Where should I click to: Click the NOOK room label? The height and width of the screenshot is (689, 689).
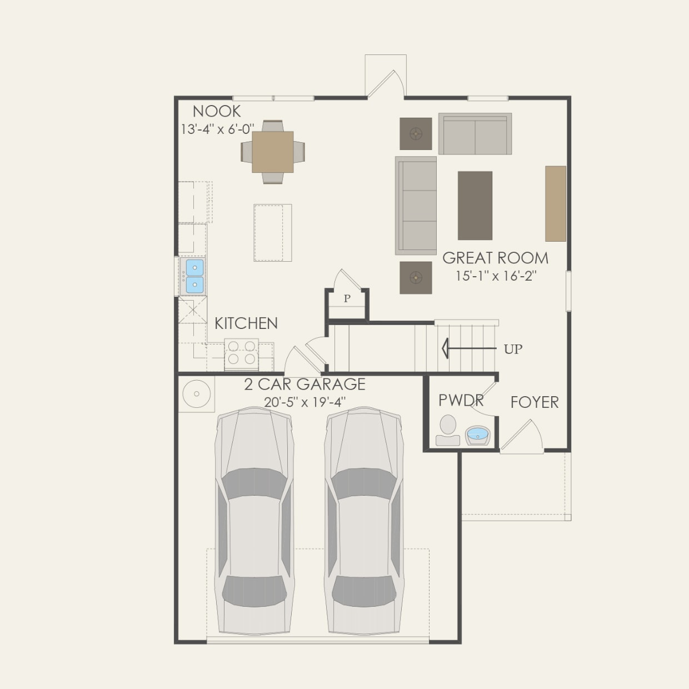click(x=217, y=111)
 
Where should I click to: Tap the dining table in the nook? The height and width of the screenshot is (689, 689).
click(x=273, y=152)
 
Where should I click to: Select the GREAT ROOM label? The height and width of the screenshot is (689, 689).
click(x=495, y=258)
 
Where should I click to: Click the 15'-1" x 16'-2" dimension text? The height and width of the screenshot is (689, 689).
click(x=495, y=276)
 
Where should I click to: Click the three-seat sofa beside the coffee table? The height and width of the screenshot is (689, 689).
click(x=416, y=206)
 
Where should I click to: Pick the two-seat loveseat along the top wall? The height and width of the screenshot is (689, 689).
click(x=475, y=134)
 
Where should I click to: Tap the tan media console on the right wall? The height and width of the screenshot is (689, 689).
click(x=555, y=203)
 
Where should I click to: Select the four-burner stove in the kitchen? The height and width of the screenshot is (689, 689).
click(x=242, y=353)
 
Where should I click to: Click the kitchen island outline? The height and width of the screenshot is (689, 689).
click(x=273, y=232)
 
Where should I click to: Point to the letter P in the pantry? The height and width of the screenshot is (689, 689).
click(x=347, y=299)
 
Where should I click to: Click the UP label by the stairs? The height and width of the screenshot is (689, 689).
click(x=513, y=349)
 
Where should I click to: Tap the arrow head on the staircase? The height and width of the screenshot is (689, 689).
click(x=445, y=349)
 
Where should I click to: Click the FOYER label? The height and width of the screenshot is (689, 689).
click(x=535, y=402)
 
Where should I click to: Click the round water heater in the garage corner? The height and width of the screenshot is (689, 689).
click(x=196, y=394)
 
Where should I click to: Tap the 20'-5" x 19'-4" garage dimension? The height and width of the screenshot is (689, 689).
click(x=304, y=402)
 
